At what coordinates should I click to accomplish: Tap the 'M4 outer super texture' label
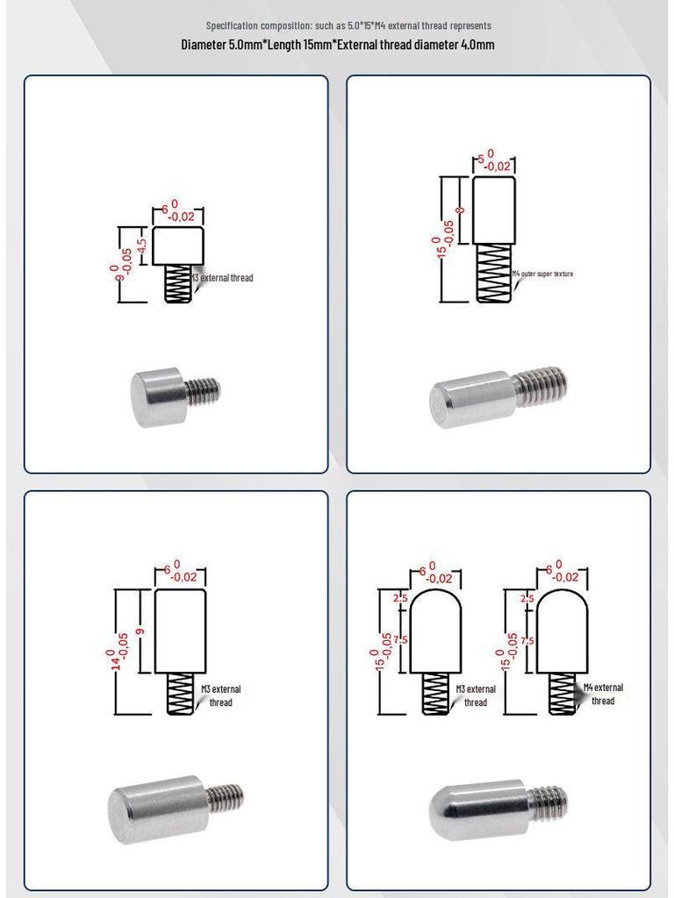pos(542,274)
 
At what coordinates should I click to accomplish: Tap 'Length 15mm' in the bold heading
pos(299,44)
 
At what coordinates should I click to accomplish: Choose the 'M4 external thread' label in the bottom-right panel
pos(603,695)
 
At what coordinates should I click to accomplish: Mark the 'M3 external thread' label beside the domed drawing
pos(475,695)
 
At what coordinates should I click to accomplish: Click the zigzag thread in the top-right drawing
pos(493,274)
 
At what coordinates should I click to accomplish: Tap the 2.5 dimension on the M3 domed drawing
pos(400,598)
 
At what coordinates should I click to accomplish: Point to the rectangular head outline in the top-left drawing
pos(178,246)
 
